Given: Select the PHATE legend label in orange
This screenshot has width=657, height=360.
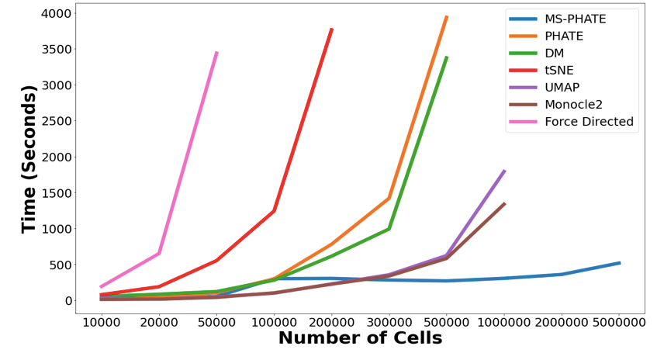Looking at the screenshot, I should tap(564, 36).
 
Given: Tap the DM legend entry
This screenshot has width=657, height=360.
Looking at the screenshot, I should tap(554, 54).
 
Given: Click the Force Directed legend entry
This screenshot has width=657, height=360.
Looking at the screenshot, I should tap(589, 122).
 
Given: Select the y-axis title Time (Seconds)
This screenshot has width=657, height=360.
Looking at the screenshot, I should tap(29, 160).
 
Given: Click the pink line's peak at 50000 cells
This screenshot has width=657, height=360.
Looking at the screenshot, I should tap(216, 53).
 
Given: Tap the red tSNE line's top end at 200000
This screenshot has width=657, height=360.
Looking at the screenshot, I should tap(332, 29).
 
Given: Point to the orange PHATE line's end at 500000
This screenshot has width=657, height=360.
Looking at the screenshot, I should tap(446, 16).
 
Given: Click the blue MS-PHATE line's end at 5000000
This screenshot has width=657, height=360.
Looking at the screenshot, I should tap(619, 263).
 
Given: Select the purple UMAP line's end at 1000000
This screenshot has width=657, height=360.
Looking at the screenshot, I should tap(504, 171).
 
